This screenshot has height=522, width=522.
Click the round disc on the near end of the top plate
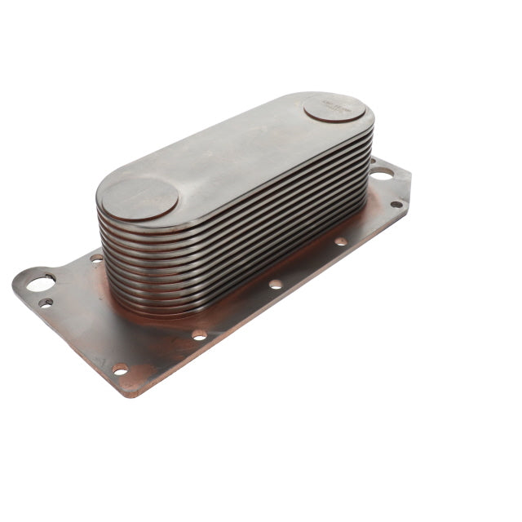tap(139, 197)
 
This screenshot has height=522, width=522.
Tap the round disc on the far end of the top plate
tap(335, 108)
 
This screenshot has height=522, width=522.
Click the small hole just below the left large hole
tap(46, 303)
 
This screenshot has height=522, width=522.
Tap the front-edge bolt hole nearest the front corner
tap(121, 369)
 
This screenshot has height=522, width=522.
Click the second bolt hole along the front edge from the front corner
tap(199, 334)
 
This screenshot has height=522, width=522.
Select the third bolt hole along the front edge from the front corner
tap(276, 284)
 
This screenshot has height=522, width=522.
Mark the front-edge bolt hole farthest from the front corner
tap(341, 241)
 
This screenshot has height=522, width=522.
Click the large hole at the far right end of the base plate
tap(381, 174)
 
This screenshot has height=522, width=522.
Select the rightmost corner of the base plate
tap(410, 196)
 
